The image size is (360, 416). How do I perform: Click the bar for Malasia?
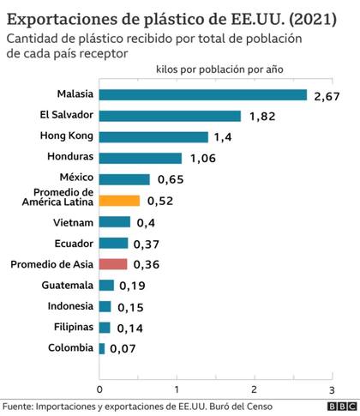[x=203, y=94]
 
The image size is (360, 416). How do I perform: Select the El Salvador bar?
[x=171, y=115]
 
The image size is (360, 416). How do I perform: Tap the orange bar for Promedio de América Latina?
[x=120, y=201]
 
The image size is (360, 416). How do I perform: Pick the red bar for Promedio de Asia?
[x=114, y=264]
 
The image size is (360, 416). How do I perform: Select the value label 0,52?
[x=161, y=202]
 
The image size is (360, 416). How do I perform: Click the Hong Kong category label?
[x=67, y=136]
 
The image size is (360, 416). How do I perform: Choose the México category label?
[x=75, y=178]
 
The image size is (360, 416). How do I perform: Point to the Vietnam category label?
[x=71, y=222]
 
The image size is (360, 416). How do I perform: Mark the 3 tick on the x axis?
[x=330, y=387]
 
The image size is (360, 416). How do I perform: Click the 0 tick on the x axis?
[x=100, y=387]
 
